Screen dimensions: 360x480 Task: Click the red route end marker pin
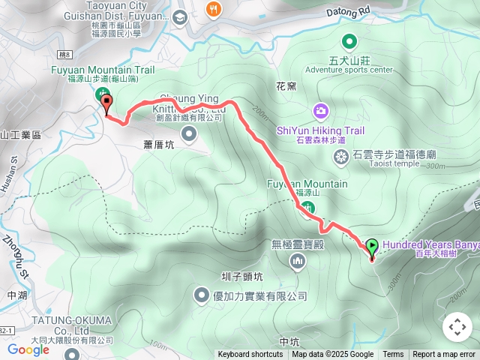point(106,105)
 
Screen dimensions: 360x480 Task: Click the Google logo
point(28,349)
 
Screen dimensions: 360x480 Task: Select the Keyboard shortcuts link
point(250,355)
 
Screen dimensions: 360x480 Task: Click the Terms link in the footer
point(393,355)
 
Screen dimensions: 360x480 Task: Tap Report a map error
point(444,355)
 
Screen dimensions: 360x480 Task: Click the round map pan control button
point(457,327)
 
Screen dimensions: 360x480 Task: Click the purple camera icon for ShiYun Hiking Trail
point(321,111)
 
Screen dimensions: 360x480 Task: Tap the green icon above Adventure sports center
point(349,41)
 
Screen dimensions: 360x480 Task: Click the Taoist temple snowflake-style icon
point(340,155)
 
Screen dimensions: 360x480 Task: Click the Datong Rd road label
point(349,12)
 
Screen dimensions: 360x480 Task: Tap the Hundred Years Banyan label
point(430,244)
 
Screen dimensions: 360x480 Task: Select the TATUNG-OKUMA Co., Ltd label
point(71,325)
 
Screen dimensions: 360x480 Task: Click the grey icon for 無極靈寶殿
point(298,260)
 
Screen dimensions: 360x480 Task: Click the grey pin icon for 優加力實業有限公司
point(202,295)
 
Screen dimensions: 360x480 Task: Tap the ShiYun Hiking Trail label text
point(320,130)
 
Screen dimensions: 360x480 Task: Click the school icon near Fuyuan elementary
point(180,16)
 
